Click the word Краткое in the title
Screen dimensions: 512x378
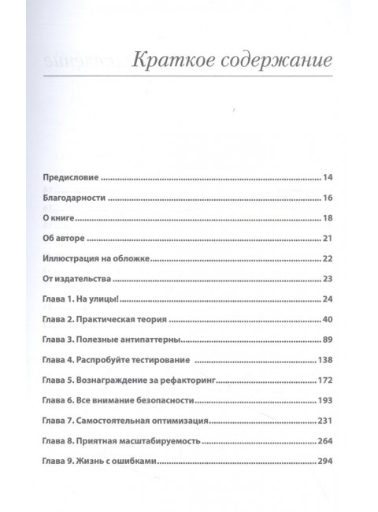[164, 60]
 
